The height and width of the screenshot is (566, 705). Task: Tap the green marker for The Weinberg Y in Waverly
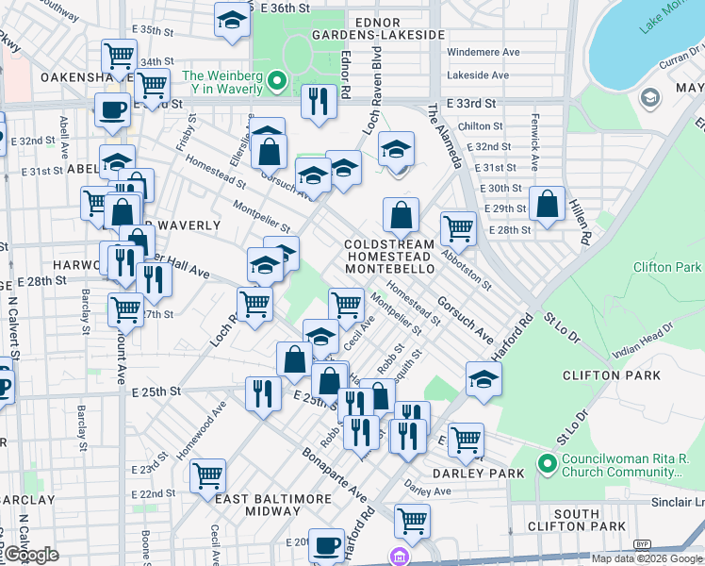[x=277, y=82]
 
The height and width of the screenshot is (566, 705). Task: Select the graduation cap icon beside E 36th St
[x=232, y=21]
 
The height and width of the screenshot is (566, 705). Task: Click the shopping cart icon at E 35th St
[x=119, y=56]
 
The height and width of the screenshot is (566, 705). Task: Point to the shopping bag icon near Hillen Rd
[x=547, y=203]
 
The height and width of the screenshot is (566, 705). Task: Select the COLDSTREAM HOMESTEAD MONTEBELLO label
[x=389, y=257]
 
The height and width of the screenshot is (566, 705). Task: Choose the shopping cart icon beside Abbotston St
[x=458, y=227]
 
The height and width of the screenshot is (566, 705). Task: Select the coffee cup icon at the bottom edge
[x=327, y=544]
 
